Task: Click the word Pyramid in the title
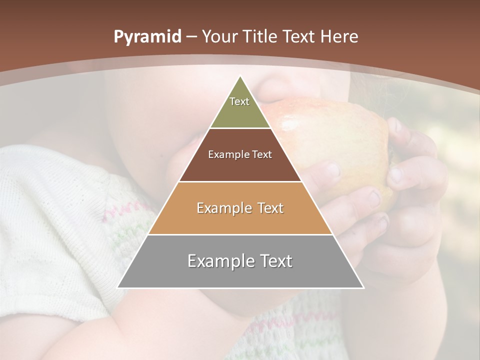tap(147, 37)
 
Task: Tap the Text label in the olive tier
tap(239, 101)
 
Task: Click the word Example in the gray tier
tap(218, 261)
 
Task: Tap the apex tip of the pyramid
tap(240, 77)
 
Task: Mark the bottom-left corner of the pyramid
tap(118, 287)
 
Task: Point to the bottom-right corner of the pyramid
tap(363, 287)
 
